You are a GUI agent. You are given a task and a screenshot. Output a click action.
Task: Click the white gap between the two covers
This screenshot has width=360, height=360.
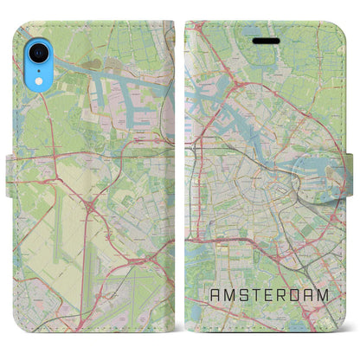(180, 173)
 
